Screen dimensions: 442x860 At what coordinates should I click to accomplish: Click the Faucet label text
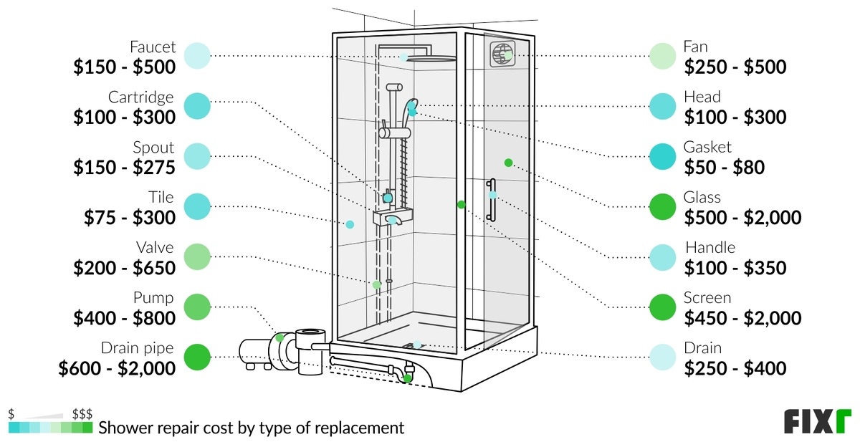click(x=152, y=47)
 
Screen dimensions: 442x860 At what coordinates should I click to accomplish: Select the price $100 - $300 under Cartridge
click(x=123, y=117)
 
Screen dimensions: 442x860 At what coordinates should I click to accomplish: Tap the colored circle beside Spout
click(x=197, y=155)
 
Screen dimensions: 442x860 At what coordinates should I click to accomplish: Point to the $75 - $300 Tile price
click(x=123, y=217)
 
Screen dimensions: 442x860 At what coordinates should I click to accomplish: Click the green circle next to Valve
click(x=197, y=256)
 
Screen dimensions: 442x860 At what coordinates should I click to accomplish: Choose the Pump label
click(x=153, y=298)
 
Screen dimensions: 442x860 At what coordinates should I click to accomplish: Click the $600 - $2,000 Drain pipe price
click(x=116, y=368)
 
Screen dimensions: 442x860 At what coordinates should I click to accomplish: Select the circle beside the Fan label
click(x=663, y=55)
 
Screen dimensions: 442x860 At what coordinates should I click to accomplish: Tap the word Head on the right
click(x=702, y=97)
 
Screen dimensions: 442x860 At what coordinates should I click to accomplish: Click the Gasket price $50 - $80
click(x=725, y=167)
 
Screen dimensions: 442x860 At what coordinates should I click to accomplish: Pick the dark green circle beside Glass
click(x=663, y=206)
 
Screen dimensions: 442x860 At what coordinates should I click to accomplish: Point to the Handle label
click(x=710, y=248)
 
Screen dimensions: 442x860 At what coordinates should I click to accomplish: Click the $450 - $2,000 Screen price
click(x=742, y=318)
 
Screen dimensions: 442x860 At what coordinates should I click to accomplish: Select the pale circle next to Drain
click(x=663, y=357)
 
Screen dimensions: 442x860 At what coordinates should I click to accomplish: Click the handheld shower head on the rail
click(x=411, y=107)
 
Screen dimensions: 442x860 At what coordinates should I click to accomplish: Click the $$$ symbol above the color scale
click(x=82, y=414)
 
